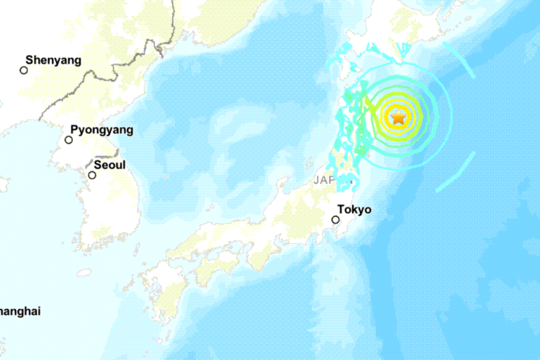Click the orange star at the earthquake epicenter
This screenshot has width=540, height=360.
pyautogui.click(x=399, y=117)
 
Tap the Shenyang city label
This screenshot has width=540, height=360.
pyautogui.click(x=53, y=61)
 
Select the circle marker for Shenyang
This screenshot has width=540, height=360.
pyautogui.click(x=24, y=70)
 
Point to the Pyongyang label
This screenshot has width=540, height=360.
pyautogui.click(x=102, y=130)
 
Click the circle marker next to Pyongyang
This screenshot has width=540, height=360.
pyautogui.click(x=69, y=140)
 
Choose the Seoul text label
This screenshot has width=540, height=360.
pyautogui.click(x=110, y=165)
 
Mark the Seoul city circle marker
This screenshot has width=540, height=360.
pyautogui.click(x=92, y=175)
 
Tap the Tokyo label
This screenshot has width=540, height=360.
pyautogui.click(x=354, y=210)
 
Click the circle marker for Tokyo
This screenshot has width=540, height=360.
pyautogui.click(x=335, y=220)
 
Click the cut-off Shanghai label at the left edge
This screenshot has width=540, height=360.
pyautogui.click(x=20, y=312)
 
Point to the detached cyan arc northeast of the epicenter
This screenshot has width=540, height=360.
pyautogui.click(x=459, y=59)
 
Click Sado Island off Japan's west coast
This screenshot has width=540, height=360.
pyautogui.click(x=283, y=182)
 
